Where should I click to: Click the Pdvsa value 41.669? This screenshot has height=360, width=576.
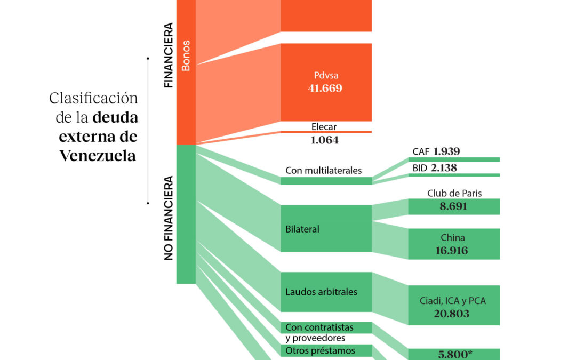pos(325,89)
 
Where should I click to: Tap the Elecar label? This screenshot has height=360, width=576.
pos(324,127)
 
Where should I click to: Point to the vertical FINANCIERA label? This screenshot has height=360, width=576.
pos(169,55)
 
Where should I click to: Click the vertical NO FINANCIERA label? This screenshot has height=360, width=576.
pos(169,218)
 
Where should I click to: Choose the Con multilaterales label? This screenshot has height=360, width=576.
pos(324,171)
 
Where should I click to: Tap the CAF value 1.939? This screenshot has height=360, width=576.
pos(447,151)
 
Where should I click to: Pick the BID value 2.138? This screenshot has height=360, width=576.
pos(444,168)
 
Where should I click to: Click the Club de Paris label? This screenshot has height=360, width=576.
pos(454,193)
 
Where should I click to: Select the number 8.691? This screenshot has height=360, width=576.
pos(454,206)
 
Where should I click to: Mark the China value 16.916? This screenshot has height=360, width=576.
pos(454,250)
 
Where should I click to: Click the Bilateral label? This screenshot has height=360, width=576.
pos(302,229)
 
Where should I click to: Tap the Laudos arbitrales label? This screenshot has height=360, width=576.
pos(322,292)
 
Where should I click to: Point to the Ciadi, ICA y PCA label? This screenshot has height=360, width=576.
pos(454,301)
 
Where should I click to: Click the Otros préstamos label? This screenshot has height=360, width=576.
pos(321,350)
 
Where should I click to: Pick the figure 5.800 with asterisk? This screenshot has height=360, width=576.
pos(454,354)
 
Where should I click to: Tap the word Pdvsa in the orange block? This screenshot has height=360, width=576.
pos(326,76)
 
